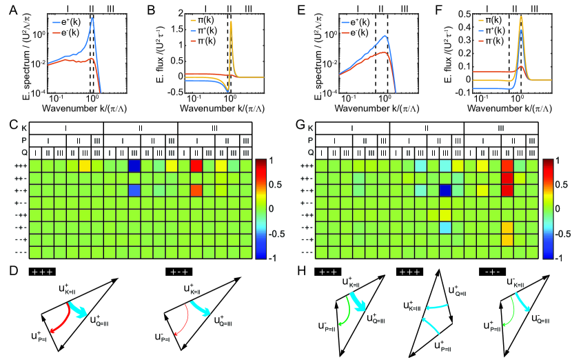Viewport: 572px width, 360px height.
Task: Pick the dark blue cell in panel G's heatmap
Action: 445,190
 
